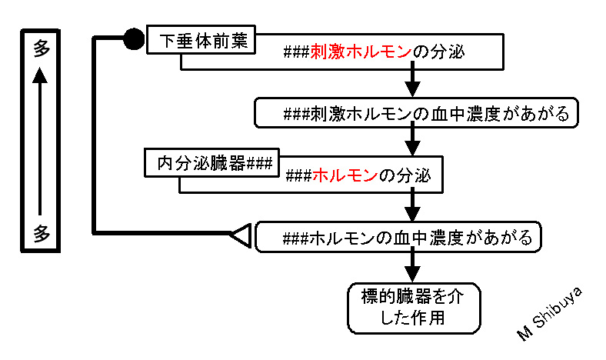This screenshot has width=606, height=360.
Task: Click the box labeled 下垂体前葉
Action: (201, 39)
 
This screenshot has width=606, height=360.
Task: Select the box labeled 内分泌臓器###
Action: (211, 163)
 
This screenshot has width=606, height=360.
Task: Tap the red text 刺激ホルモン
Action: (361, 52)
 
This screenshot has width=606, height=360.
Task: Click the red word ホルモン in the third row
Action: (345, 175)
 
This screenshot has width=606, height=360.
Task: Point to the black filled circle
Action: (134, 38)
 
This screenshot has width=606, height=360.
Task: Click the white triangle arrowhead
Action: (241, 235)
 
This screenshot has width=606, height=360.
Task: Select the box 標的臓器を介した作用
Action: (414, 308)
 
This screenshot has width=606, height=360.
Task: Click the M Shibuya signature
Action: (549, 314)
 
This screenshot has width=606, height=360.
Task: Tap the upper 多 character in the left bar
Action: (41, 48)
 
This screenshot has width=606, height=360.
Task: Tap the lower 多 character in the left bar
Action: (41, 233)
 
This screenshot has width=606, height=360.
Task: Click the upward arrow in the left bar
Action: (40, 141)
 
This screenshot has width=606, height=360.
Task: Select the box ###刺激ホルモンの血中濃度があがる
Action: (416, 113)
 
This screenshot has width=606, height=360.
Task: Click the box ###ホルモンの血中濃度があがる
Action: (398, 237)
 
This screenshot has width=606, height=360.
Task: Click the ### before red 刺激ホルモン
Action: (296, 52)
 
